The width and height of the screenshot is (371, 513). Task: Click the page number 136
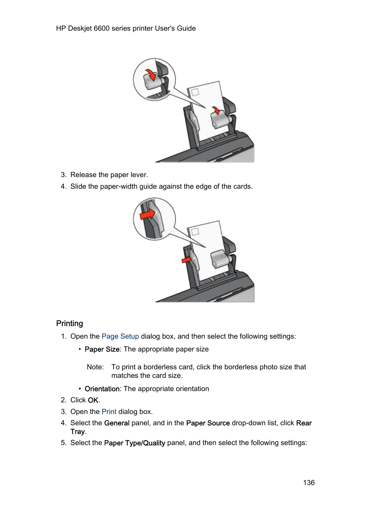309,483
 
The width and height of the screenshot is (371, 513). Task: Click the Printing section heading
70,323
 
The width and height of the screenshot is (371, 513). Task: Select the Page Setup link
120,336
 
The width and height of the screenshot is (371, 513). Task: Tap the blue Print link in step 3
109,412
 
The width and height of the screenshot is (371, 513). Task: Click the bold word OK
93,400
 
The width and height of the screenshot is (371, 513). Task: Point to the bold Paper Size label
102,350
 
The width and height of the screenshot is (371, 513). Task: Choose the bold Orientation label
102,389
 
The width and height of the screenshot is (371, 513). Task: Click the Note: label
95,367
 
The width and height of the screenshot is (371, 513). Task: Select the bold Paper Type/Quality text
135,443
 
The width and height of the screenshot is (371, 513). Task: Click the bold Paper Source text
208,423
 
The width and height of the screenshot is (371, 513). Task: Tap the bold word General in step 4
117,423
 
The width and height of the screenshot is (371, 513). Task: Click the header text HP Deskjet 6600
83,28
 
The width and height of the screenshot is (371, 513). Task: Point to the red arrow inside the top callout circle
150,74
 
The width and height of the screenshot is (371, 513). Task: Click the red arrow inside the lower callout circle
147,214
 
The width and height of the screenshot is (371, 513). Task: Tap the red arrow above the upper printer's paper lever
216,110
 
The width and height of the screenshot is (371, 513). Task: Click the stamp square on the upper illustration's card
195,92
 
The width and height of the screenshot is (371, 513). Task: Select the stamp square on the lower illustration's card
195,232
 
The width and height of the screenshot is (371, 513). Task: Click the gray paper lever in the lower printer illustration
220,259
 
